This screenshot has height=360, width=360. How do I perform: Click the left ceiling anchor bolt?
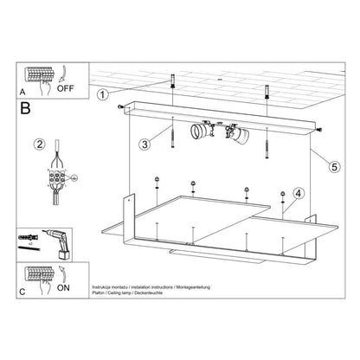(174, 87)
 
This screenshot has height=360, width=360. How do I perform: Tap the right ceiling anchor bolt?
(267, 90)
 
